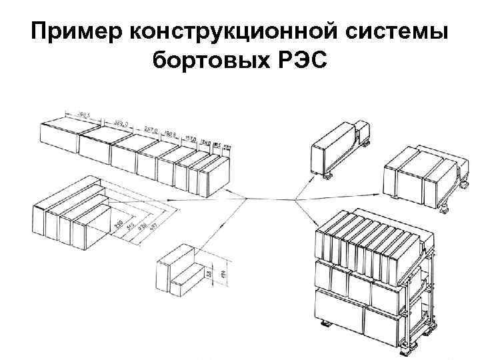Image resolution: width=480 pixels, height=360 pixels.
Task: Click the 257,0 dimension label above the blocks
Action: click(151, 132)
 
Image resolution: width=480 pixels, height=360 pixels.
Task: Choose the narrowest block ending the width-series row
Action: click(224, 169)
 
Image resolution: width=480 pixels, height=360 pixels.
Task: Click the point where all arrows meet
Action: click(295, 198)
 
